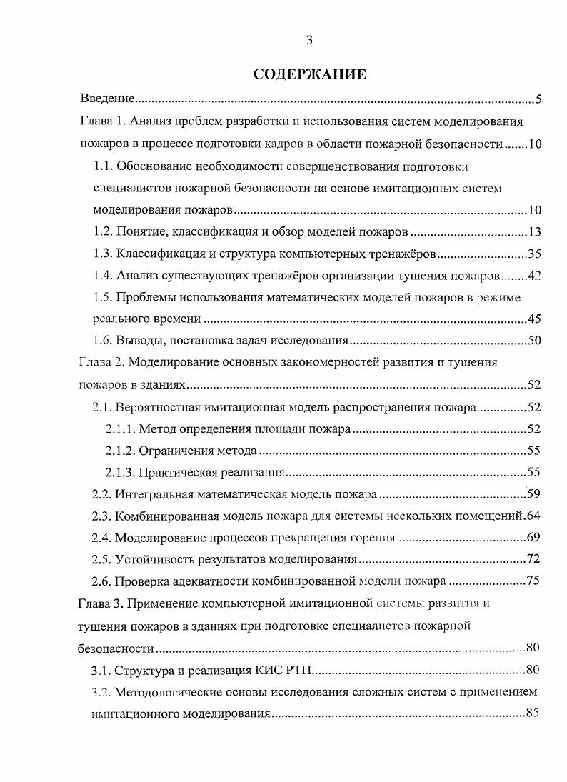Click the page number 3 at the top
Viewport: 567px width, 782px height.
pyautogui.click(x=309, y=40)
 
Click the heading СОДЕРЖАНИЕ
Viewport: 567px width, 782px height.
pyautogui.click(x=310, y=74)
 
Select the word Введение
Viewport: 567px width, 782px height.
pyautogui.click(x=107, y=99)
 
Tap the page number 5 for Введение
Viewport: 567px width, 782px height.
pyautogui.click(x=538, y=99)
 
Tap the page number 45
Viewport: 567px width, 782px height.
pyautogui.click(x=534, y=319)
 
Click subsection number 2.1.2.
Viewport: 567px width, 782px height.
pyautogui.click(x=120, y=451)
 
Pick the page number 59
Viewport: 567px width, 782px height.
pyautogui.click(x=534, y=493)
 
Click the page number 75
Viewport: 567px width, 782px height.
pyautogui.click(x=534, y=581)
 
